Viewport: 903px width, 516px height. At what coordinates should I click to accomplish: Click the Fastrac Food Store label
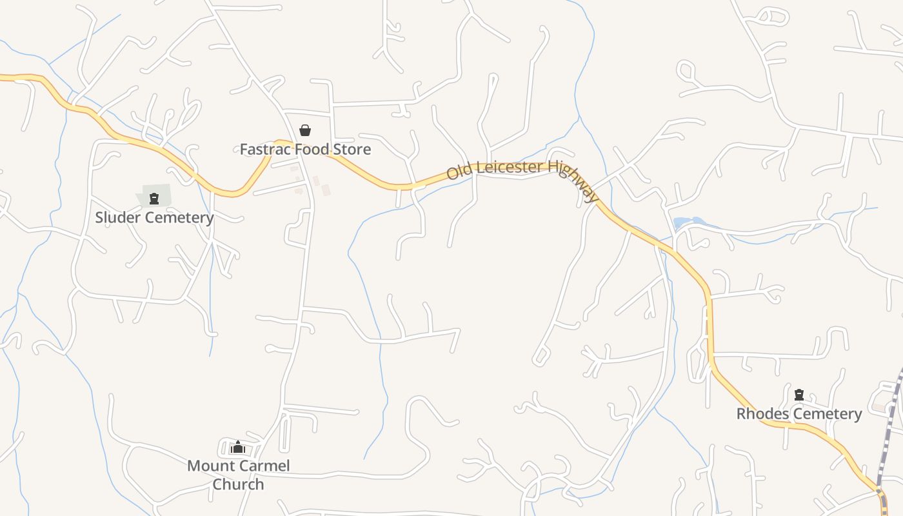point(305,150)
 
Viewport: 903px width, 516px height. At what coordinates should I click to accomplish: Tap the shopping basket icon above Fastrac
point(305,130)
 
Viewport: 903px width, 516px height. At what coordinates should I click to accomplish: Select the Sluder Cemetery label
point(154,217)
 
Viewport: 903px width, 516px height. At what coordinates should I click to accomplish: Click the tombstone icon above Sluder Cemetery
point(154,198)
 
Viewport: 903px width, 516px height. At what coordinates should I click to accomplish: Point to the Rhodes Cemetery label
point(799,413)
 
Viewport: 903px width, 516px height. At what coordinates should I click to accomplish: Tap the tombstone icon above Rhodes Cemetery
point(799,394)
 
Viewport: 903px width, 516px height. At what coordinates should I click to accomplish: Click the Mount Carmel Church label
point(238,475)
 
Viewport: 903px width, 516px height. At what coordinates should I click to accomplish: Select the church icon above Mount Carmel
point(238,446)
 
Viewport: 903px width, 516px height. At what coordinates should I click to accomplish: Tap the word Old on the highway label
point(459,173)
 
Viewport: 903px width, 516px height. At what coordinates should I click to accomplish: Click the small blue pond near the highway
point(682,223)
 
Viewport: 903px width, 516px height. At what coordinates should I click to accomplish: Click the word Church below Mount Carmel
point(238,484)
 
